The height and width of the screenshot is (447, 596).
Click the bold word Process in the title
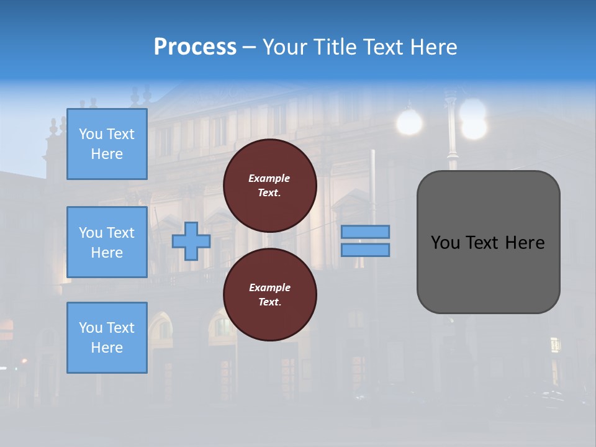tap(195, 47)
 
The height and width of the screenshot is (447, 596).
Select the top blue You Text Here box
tap(107, 144)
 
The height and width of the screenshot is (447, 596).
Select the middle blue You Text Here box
tap(107, 242)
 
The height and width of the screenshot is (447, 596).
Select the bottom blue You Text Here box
tap(107, 338)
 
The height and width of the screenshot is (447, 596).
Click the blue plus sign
tap(191, 241)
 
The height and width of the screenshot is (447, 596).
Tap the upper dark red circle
tap(270, 186)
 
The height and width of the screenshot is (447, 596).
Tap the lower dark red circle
tap(270, 295)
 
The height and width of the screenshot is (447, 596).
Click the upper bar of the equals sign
tap(366, 232)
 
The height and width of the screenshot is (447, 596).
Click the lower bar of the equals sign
tap(366, 250)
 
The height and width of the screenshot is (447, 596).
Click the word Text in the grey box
tap(483, 243)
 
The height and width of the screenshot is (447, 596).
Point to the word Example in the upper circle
tap(269, 178)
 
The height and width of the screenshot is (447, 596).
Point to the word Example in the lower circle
tap(269, 287)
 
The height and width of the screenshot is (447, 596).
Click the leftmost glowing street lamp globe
tap(409, 122)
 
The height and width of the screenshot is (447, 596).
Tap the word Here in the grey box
tap(525, 243)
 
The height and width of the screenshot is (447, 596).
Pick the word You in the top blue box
tap(90, 134)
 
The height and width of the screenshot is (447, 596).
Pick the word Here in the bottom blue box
tap(107, 348)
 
